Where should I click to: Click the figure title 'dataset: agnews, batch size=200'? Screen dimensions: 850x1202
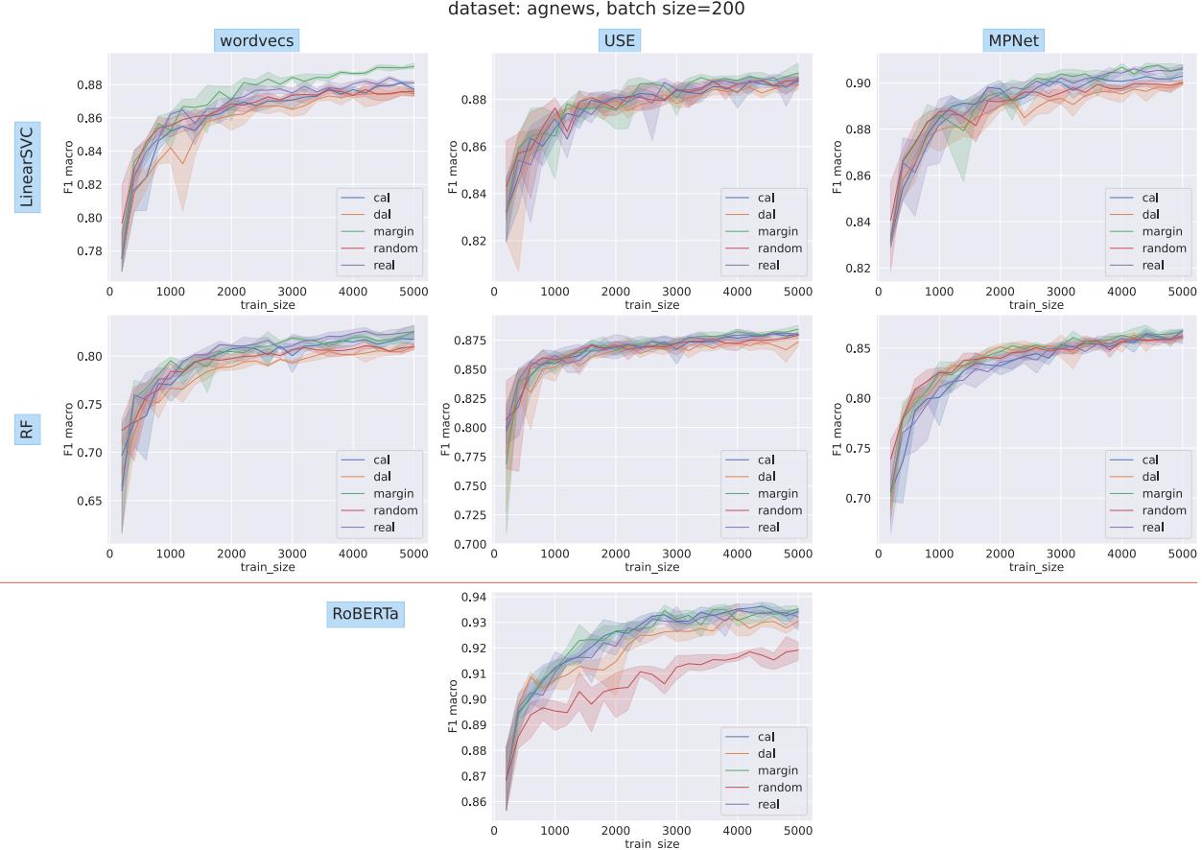coord(596,10)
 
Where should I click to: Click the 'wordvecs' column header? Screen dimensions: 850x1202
coord(258,41)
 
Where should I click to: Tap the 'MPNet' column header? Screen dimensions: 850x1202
coord(1016,41)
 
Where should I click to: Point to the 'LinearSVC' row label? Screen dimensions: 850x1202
coord(27,165)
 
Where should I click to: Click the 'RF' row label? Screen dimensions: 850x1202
coord(27,432)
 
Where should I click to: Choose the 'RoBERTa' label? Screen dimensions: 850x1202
coord(365,614)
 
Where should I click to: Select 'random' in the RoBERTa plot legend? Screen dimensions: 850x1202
coord(779,788)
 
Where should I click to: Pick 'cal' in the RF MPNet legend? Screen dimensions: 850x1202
coord(1150,460)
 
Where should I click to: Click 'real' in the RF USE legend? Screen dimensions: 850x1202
coord(768,528)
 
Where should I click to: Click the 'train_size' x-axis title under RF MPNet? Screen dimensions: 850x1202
coord(1036,567)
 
